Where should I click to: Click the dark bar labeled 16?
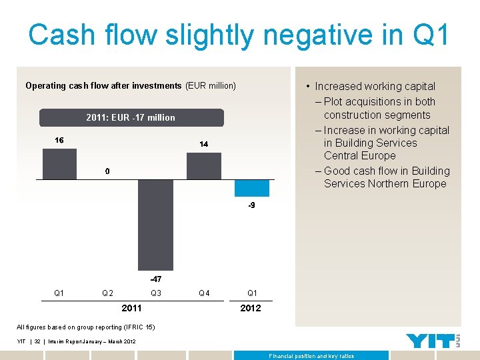click(59, 164)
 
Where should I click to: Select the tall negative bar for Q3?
click(155, 225)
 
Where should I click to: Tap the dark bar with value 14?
click(203, 166)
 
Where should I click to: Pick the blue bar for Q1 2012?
click(251, 188)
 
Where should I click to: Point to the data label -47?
click(155, 278)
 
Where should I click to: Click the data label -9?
click(251, 206)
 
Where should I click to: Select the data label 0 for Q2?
click(107, 171)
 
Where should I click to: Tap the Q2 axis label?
click(107, 293)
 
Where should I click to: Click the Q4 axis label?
click(204, 293)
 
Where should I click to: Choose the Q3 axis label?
click(155, 293)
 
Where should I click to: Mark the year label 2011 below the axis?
click(131, 308)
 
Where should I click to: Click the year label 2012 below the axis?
click(251, 308)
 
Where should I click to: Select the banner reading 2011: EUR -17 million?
click(131, 118)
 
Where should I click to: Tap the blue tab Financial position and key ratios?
click(311, 356)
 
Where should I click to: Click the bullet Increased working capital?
click(375, 86)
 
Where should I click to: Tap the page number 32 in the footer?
click(38, 341)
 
